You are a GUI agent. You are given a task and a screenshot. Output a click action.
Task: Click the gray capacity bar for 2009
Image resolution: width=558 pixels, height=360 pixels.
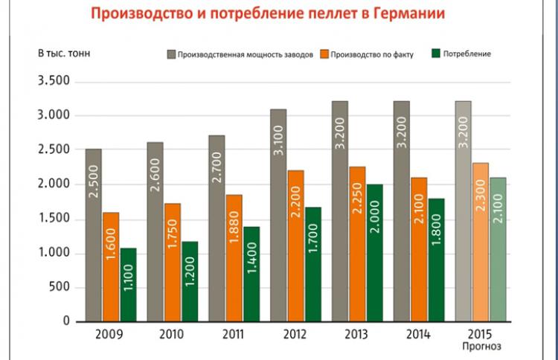click(93, 234)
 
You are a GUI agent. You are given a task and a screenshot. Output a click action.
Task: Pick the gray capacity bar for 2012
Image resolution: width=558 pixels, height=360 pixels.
click(278, 215)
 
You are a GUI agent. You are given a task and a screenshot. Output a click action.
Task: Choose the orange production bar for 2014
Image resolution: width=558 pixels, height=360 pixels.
click(419, 249)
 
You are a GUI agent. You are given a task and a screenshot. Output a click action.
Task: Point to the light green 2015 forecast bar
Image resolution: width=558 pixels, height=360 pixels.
click(498, 249)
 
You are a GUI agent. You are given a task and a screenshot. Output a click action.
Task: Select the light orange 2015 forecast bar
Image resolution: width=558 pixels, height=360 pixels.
click(481, 242)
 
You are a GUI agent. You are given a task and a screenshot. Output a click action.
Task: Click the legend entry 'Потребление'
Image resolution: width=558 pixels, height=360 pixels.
click(466, 54)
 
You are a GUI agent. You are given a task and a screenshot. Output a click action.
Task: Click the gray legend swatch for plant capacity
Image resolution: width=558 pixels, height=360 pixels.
click(171, 54)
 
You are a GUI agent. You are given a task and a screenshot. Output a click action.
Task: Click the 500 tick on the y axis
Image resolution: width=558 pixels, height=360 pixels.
click(57, 288)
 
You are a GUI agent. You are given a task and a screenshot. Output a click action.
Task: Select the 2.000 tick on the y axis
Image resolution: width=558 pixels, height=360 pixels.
click(52, 184)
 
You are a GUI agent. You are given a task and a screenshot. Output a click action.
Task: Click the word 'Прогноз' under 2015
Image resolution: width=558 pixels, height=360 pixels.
click(481, 346)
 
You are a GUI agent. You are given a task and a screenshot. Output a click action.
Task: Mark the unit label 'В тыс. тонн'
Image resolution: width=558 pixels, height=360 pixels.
click(63, 54)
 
